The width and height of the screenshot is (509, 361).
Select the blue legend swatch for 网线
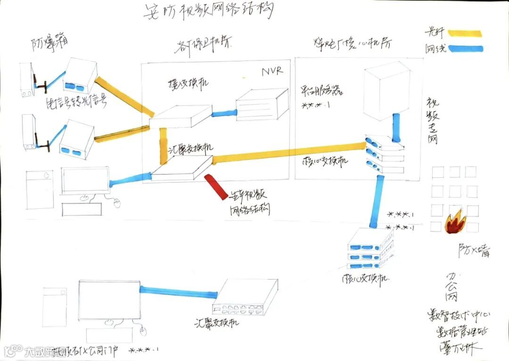pyautogui.click(x=465, y=48)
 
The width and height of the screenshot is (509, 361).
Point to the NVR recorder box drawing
pyautogui.click(x=262, y=105)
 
